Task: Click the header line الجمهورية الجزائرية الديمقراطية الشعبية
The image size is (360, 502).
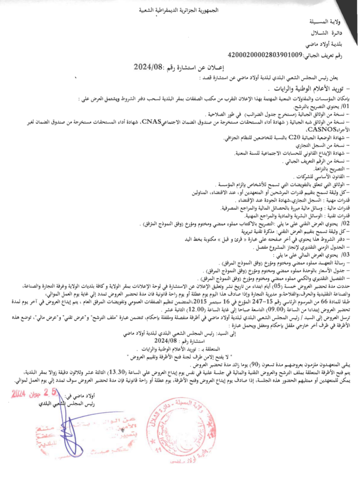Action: pos(179,10)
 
